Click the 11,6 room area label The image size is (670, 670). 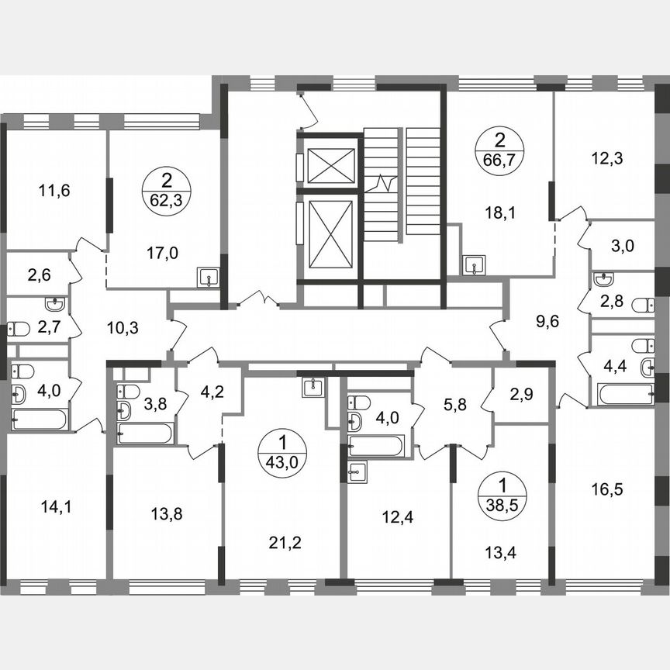click(54, 190)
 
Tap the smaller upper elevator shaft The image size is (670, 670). click(330, 164)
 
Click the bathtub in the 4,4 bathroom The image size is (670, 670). click(625, 395)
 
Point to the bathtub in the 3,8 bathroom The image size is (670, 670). click(145, 432)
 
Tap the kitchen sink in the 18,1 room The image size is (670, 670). click(474, 265)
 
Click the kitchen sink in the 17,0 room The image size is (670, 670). click(208, 277)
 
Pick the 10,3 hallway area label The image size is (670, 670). click(122, 328)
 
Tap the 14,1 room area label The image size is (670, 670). click(54, 507)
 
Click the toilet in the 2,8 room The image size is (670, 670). click(642, 306)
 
